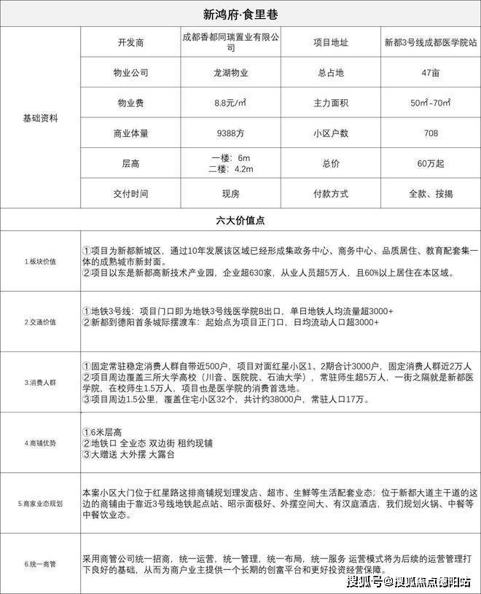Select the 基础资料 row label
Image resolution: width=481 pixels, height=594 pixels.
click(x=41, y=117)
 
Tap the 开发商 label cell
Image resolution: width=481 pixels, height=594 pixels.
click(x=132, y=42)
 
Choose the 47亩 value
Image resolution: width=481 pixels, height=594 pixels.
click(x=430, y=73)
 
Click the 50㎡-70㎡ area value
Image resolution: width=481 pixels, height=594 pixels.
click(x=430, y=103)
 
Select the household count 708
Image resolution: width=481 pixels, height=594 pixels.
click(x=430, y=133)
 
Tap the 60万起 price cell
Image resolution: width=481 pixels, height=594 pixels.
click(x=430, y=163)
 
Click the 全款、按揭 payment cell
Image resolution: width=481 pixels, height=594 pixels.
click(x=430, y=194)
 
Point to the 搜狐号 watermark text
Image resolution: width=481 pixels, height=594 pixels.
click(x=363, y=581)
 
